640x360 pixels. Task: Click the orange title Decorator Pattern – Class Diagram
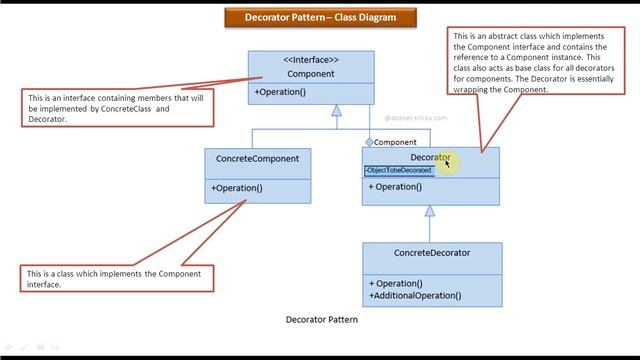[319, 17]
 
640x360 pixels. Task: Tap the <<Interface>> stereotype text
[310, 60]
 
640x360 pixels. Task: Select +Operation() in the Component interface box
[280, 92]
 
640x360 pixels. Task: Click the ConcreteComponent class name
[257, 158]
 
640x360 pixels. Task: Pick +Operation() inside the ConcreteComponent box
[237, 188]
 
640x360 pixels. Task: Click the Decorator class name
[430, 158]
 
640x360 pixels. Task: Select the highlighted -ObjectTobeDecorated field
[399, 171]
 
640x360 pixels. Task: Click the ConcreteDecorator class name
[432, 253]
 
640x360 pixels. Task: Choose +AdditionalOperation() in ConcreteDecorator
[415, 295]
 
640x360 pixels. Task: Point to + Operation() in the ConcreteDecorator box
[395, 283]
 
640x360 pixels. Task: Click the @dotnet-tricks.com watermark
[416, 118]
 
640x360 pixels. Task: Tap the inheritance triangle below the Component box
[337, 110]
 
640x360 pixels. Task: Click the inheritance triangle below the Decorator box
[430, 211]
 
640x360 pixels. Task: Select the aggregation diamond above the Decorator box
[369, 142]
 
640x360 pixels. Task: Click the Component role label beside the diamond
[395, 142]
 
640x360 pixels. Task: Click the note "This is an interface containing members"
[117, 107]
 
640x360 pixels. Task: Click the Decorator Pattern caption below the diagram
[321, 321]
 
